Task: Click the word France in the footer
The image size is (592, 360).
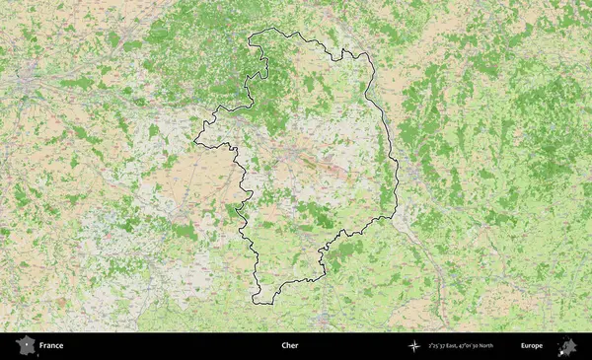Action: pos(51,346)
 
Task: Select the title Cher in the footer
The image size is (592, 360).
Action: pos(289,346)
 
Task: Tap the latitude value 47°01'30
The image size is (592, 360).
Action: pos(483,346)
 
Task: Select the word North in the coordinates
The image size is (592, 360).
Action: pos(508,346)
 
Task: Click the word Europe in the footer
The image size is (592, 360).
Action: pos(532,346)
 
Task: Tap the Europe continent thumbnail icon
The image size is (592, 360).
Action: pos(567,346)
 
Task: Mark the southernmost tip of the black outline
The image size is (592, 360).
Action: pos(259,303)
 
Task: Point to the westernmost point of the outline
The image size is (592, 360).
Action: pos(194,141)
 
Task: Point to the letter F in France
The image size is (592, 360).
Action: pos(41,346)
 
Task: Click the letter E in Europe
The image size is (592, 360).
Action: pos(523,346)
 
